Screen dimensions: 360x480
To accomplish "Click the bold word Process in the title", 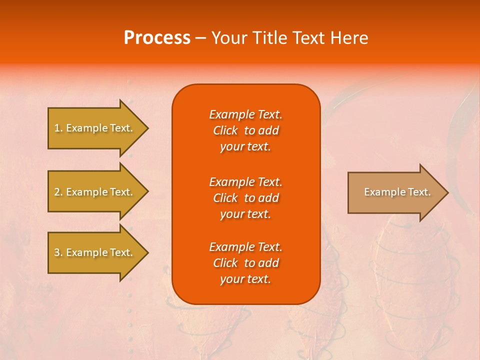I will (x=157, y=38).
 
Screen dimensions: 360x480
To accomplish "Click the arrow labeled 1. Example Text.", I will (x=93, y=128).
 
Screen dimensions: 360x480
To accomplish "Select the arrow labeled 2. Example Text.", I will (x=93, y=192).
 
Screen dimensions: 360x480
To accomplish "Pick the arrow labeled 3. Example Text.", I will (x=93, y=252).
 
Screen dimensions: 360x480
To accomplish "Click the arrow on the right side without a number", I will (x=397, y=192).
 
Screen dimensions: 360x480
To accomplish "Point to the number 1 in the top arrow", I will (x=57, y=128).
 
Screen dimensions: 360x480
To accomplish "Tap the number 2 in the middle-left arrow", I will (x=57, y=192).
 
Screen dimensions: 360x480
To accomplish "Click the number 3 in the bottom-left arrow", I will (x=57, y=252).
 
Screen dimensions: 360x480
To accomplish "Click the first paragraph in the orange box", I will (x=245, y=130).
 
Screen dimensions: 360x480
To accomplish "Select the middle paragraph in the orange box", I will (x=245, y=198).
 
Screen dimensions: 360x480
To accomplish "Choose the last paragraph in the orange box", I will (x=245, y=263).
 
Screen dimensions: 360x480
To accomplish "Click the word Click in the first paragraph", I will (x=225, y=130).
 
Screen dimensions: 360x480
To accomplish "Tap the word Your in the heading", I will (x=229, y=38).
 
